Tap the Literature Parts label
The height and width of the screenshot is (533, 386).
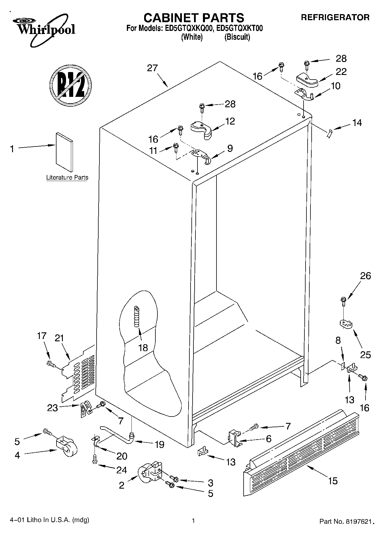click(67, 178)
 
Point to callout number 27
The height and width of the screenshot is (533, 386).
click(152, 68)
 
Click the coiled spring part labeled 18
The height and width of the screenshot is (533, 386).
click(137, 316)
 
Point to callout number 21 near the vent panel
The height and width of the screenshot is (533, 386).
click(59, 338)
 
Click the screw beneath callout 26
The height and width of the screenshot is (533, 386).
click(343, 300)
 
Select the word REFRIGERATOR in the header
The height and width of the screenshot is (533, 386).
click(335, 17)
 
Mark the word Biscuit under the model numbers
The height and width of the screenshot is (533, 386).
click(237, 37)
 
